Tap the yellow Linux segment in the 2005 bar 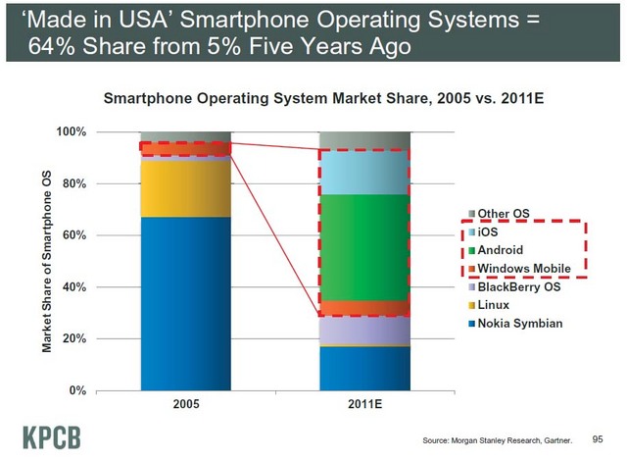[185, 187]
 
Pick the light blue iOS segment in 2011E [365, 172]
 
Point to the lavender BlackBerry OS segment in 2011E [365, 330]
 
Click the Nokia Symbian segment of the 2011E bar [365, 368]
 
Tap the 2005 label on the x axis [185, 404]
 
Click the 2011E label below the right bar [365, 404]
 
